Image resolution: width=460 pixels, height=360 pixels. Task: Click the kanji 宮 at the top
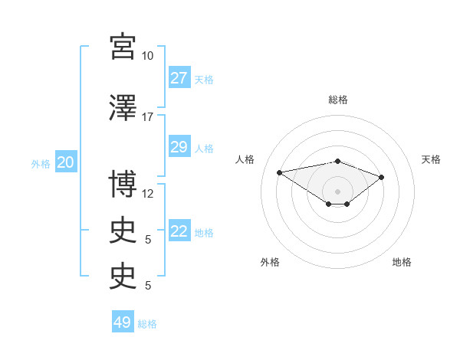click(x=123, y=47)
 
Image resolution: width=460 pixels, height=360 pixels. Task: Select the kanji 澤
click(x=123, y=107)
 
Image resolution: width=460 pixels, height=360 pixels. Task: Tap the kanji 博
click(x=123, y=184)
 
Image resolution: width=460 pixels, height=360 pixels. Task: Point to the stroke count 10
click(x=147, y=56)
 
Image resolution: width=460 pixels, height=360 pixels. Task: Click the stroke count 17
click(x=147, y=117)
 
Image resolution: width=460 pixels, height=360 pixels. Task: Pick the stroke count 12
click(x=147, y=194)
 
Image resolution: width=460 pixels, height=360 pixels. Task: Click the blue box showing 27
click(x=179, y=77)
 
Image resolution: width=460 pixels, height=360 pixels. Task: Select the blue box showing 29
click(x=179, y=146)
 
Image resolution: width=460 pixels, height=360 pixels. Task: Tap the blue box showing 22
click(x=179, y=230)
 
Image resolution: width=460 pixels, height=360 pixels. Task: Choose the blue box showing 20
click(x=66, y=162)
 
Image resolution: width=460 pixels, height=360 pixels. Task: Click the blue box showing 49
click(x=123, y=321)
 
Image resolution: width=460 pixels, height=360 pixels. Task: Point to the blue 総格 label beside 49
click(x=147, y=324)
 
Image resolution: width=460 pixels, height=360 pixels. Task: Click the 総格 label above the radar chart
click(x=338, y=100)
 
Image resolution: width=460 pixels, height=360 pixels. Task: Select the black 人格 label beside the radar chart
click(x=245, y=159)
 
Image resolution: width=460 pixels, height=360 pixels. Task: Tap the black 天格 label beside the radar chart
click(x=431, y=159)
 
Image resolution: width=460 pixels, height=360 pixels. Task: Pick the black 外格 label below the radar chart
click(x=270, y=262)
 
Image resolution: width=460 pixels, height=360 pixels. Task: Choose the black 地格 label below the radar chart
click(x=402, y=262)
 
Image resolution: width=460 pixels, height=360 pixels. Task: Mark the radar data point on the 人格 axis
click(x=280, y=172)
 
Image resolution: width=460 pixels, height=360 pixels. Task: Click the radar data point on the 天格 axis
click(x=381, y=178)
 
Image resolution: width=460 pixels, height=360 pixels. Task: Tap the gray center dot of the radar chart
click(x=337, y=191)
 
